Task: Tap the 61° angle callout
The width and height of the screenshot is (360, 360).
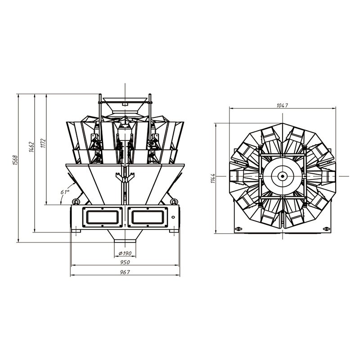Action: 65,192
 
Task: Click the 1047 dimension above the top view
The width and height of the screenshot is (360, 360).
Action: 283,105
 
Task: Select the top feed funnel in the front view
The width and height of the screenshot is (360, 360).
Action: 124,101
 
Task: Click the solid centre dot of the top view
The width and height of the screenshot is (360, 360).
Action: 283,177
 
